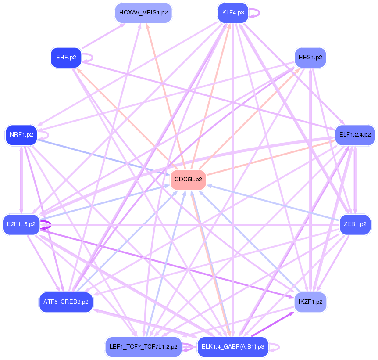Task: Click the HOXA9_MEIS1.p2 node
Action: [143, 13]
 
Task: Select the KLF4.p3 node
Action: [233, 12]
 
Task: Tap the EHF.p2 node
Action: [66, 57]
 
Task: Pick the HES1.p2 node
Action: [310, 58]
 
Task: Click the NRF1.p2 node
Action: [21, 135]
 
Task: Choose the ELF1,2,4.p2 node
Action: [355, 135]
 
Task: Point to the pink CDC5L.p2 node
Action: [188, 180]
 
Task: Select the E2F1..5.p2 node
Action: [21, 224]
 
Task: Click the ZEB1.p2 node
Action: [355, 224]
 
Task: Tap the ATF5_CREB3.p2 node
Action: [66, 302]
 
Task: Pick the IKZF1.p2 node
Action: [310, 302]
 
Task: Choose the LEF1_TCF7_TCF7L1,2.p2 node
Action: [143, 347]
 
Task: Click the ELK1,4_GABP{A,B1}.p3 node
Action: [233, 347]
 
